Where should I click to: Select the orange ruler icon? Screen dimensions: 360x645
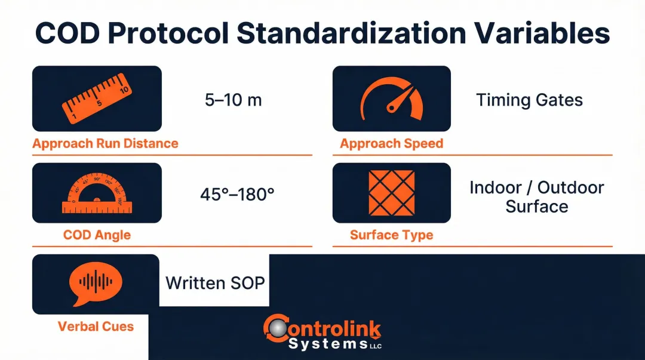[x=97, y=99]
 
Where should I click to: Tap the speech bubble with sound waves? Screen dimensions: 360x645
[x=96, y=283]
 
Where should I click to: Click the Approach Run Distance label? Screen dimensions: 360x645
[x=105, y=143]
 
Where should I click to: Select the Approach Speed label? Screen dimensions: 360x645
[x=392, y=143]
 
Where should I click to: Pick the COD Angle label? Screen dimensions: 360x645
[x=97, y=235]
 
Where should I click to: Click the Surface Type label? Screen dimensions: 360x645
[x=392, y=235]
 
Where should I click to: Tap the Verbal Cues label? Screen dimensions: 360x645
[x=96, y=327]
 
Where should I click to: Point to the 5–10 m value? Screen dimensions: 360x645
[x=234, y=100]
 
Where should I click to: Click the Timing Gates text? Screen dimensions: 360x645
[x=529, y=100]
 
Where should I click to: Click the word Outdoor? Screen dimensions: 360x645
[x=571, y=187]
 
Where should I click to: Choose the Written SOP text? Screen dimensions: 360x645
[x=215, y=282]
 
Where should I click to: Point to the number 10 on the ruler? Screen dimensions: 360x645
[x=124, y=90]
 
